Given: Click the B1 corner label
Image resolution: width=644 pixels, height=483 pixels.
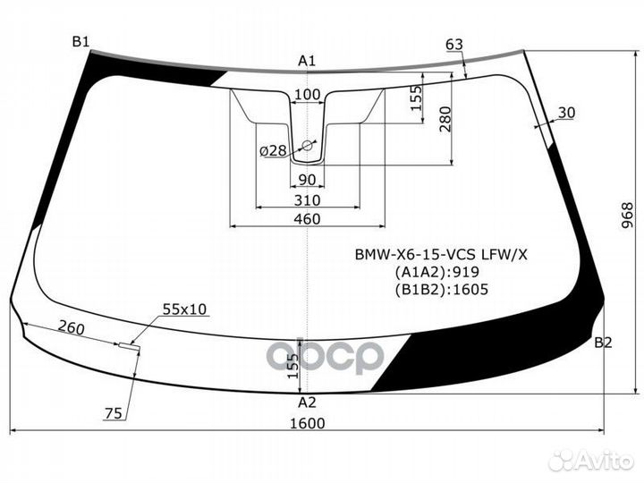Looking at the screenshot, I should click(x=80, y=41).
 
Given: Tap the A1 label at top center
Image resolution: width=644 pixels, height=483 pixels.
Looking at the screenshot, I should click(x=307, y=61).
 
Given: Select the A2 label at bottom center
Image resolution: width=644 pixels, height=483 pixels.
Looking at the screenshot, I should click(x=307, y=401).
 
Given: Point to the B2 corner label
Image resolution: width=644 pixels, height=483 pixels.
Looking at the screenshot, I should click(x=603, y=343).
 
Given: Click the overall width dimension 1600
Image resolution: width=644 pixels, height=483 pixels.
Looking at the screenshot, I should click(x=307, y=423).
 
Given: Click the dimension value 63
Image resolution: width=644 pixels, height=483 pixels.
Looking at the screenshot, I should click(x=454, y=45).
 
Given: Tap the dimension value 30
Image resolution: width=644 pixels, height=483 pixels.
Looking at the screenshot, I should click(x=566, y=112).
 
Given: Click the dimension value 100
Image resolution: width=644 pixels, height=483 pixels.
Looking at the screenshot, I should click(x=307, y=95).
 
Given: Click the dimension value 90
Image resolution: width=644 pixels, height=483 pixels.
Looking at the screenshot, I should click(x=307, y=179).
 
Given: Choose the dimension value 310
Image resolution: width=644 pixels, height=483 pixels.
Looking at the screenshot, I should click(x=307, y=199).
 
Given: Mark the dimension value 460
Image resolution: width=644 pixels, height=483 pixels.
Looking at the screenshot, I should click(x=307, y=219).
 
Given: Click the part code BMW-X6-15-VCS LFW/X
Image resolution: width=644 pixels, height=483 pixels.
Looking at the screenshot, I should click(x=442, y=254).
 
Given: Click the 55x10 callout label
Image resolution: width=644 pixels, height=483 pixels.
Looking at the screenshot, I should click(x=184, y=309).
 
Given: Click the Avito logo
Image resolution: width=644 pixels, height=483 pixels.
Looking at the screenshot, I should click(x=591, y=460).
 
